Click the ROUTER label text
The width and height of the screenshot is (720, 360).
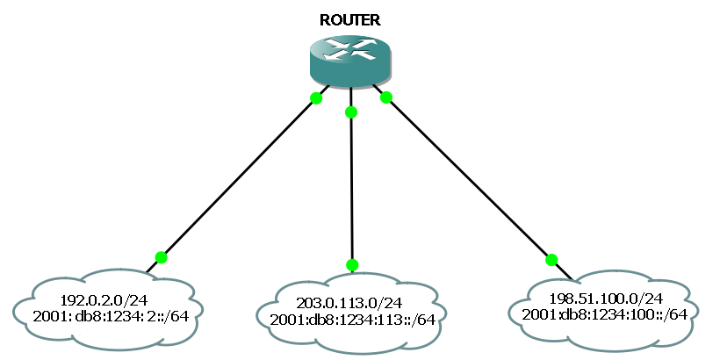click(350, 20)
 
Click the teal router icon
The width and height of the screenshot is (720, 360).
click(350, 58)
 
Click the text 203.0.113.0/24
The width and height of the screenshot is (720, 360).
click(352, 303)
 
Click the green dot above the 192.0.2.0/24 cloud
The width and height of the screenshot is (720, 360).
click(161, 257)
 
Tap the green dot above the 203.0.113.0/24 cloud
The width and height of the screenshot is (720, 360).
click(352, 264)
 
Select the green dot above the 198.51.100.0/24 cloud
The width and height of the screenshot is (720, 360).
click(551, 259)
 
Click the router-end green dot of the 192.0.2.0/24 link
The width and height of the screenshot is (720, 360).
click(316, 97)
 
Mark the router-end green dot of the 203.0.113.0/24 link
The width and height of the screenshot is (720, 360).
click(351, 112)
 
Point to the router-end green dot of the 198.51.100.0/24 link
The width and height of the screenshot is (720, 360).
click(385, 97)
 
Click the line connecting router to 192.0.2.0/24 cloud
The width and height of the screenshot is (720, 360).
click(237, 178)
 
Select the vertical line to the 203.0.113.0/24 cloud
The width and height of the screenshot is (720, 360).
click(351, 189)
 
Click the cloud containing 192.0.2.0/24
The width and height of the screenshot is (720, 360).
click(53, 307)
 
